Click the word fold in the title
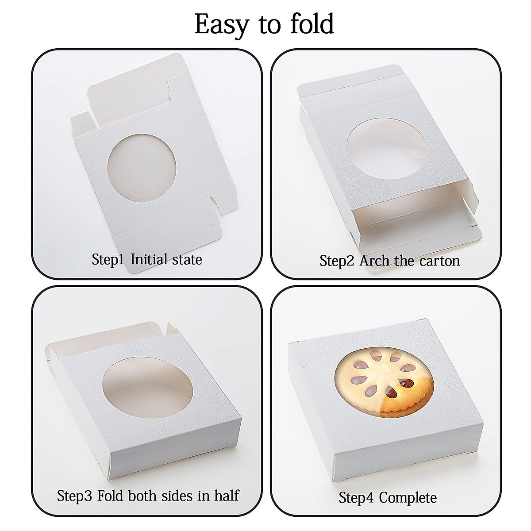click(312, 24)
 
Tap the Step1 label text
click(108, 259)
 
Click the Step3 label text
click(75, 483)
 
